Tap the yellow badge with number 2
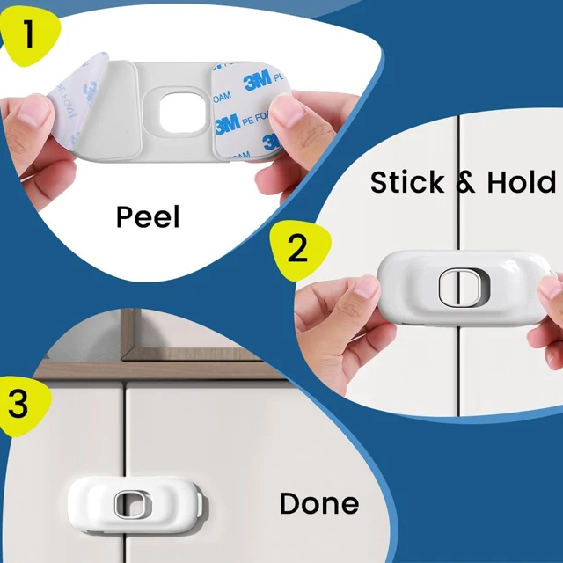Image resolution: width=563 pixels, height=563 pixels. click(x=300, y=250)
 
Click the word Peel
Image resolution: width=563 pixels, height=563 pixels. click(x=148, y=217)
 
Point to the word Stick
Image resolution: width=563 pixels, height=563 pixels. click(x=406, y=182)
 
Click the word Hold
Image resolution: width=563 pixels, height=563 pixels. click(x=522, y=182)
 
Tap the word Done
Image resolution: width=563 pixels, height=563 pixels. click(x=318, y=503)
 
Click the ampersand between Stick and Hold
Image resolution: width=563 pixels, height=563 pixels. click(x=465, y=182)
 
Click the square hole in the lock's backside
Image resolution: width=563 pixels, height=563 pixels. click(x=183, y=113)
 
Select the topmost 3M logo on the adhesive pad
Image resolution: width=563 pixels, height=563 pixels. click(x=258, y=80)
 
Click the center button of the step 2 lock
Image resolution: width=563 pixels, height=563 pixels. click(x=459, y=288)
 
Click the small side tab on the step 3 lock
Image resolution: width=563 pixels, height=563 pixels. click(x=200, y=505)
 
